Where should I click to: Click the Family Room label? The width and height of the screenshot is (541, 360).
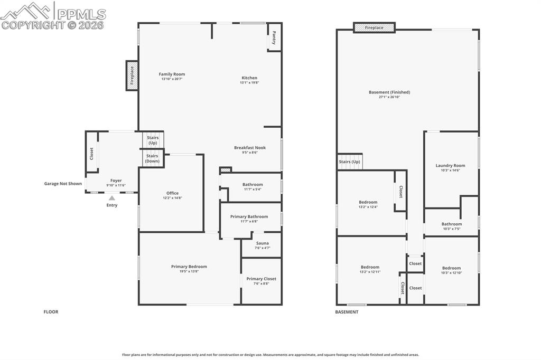(x=172, y=74)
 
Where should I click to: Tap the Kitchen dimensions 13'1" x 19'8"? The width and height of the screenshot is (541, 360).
(x=249, y=83)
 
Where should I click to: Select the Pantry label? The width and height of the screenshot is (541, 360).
(x=274, y=37)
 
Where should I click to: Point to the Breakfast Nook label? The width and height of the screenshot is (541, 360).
(x=250, y=148)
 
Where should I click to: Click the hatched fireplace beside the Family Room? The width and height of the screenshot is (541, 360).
(x=132, y=75)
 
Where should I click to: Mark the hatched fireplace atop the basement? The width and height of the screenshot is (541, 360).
(x=374, y=27)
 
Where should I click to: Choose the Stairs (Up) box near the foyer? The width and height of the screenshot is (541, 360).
(x=153, y=140)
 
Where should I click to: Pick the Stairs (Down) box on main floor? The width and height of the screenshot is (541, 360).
(x=152, y=158)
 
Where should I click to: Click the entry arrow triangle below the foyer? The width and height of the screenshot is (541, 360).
(x=111, y=198)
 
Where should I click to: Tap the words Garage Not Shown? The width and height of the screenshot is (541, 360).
(x=63, y=184)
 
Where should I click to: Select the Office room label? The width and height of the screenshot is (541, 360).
(x=172, y=193)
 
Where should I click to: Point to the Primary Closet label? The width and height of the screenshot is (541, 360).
(x=261, y=279)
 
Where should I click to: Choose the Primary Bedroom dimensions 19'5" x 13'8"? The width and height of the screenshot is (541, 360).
(x=189, y=271)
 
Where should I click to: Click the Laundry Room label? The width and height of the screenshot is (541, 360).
(x=450, y=166)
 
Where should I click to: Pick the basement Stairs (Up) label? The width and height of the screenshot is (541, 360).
(x=349, y=162)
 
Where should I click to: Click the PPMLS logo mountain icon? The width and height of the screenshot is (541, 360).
(x=26, y=11)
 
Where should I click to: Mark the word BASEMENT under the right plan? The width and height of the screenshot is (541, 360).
(x=347, y=312)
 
